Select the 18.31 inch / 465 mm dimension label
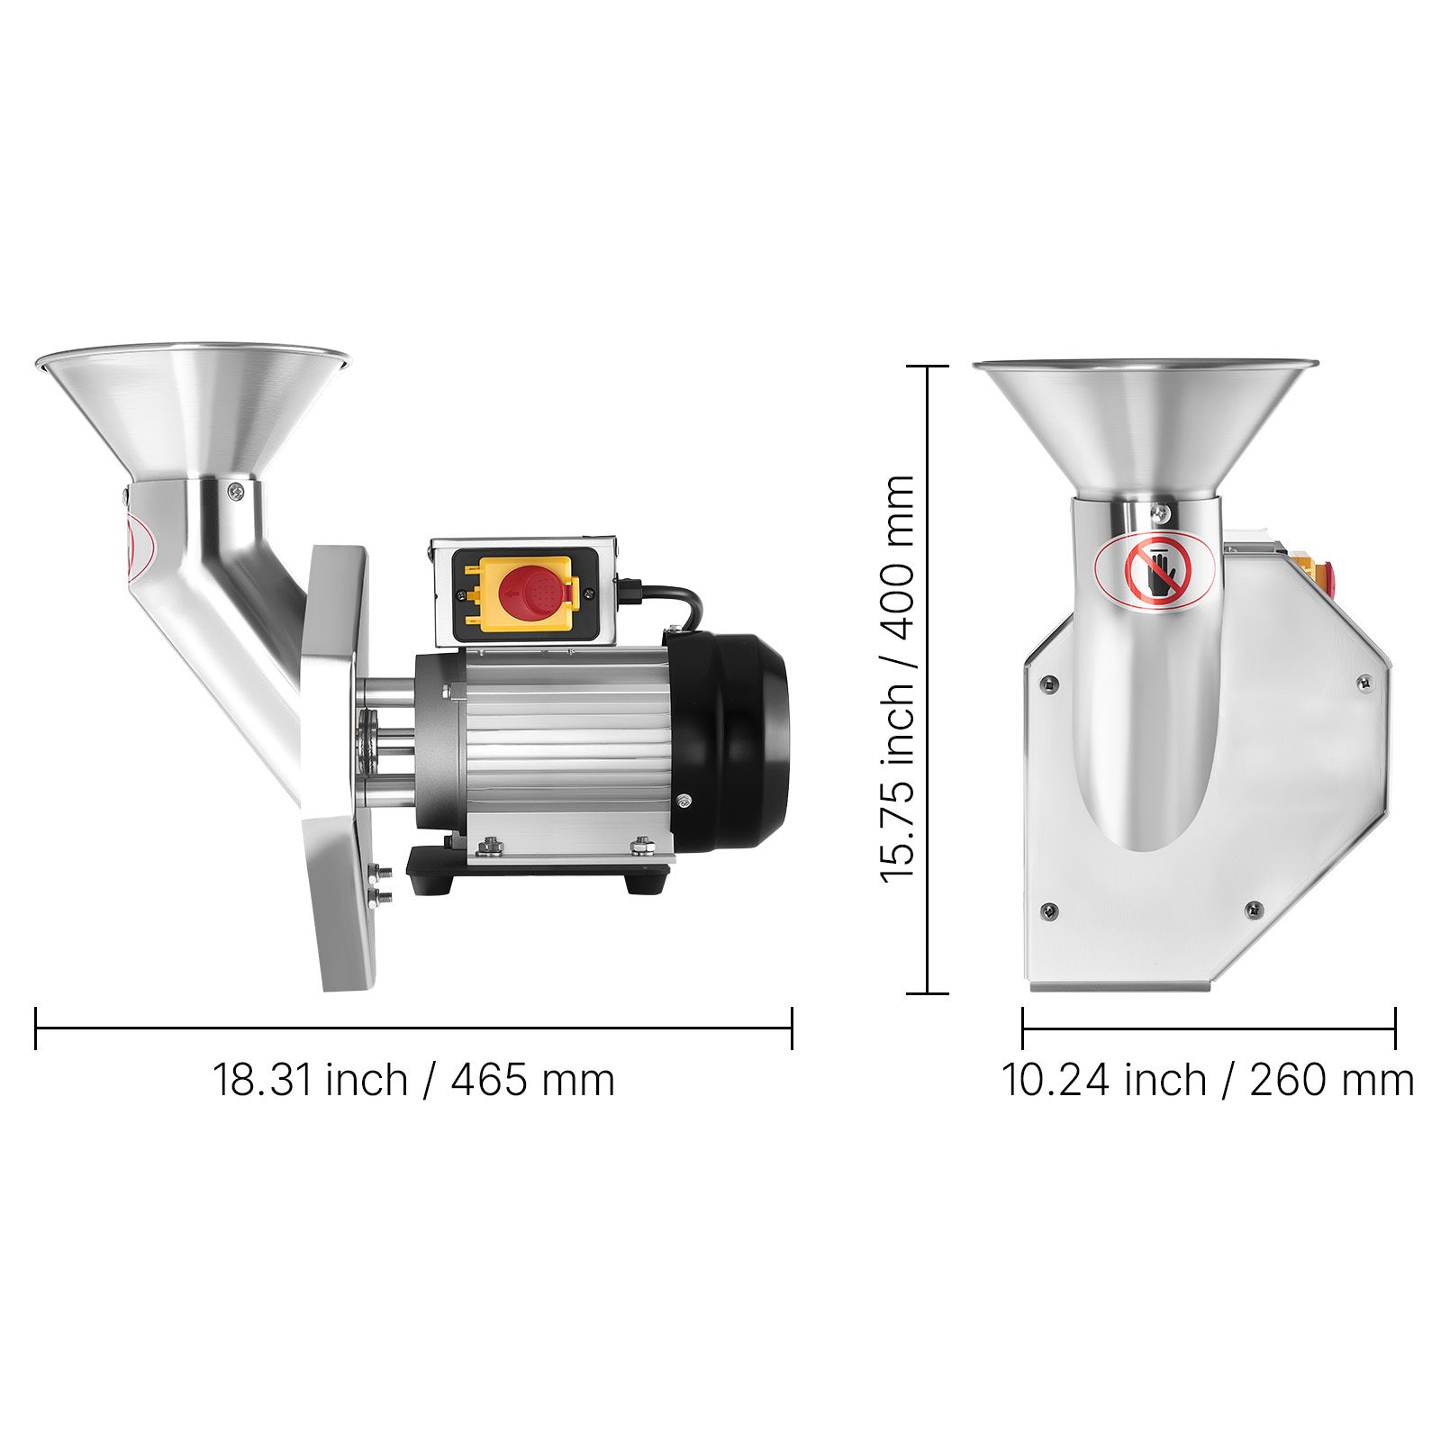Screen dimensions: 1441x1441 tap(413, 1079)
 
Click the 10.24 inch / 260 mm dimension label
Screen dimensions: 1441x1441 tap(1208, 1079)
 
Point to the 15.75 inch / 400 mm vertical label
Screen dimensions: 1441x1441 tap(898, 679)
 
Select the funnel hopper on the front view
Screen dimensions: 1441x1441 tap(1146, 430)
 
